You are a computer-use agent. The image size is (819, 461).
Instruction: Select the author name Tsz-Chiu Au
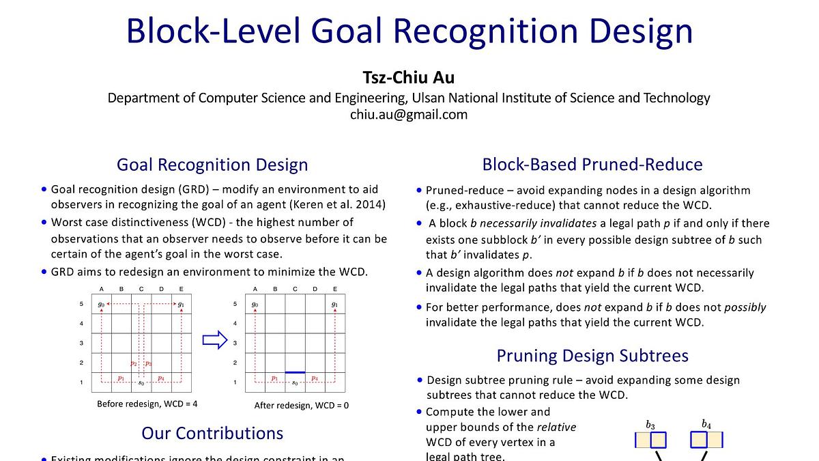tap(409, 77)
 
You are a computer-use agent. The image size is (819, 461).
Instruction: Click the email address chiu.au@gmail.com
tap(409, 114)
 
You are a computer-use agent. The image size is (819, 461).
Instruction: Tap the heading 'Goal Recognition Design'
tap(212, 165)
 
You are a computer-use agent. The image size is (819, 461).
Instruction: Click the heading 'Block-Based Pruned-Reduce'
tap(592, 165)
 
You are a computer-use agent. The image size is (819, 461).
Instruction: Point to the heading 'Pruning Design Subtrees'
tap(592, 356)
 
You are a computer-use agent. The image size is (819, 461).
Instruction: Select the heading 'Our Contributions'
tap(212, 433)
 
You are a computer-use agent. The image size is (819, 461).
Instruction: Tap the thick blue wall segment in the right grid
tap(295, 372)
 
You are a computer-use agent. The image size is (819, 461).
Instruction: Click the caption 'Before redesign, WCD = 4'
tap(147, 404)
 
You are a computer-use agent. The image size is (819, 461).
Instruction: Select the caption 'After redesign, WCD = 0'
tap(302, 405)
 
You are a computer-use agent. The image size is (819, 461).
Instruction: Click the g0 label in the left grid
tap(101, 304)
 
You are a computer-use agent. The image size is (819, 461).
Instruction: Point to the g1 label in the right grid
tap(334, 304)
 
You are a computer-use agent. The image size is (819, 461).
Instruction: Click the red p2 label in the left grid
tap(134, 363)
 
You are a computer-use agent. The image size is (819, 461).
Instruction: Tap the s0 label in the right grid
tap(295, 382)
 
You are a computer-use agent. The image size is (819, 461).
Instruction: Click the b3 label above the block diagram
tap(650, 425)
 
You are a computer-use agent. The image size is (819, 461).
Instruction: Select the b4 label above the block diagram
tap(706, 424)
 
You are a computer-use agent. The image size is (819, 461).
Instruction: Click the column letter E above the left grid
tap(181, 289)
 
